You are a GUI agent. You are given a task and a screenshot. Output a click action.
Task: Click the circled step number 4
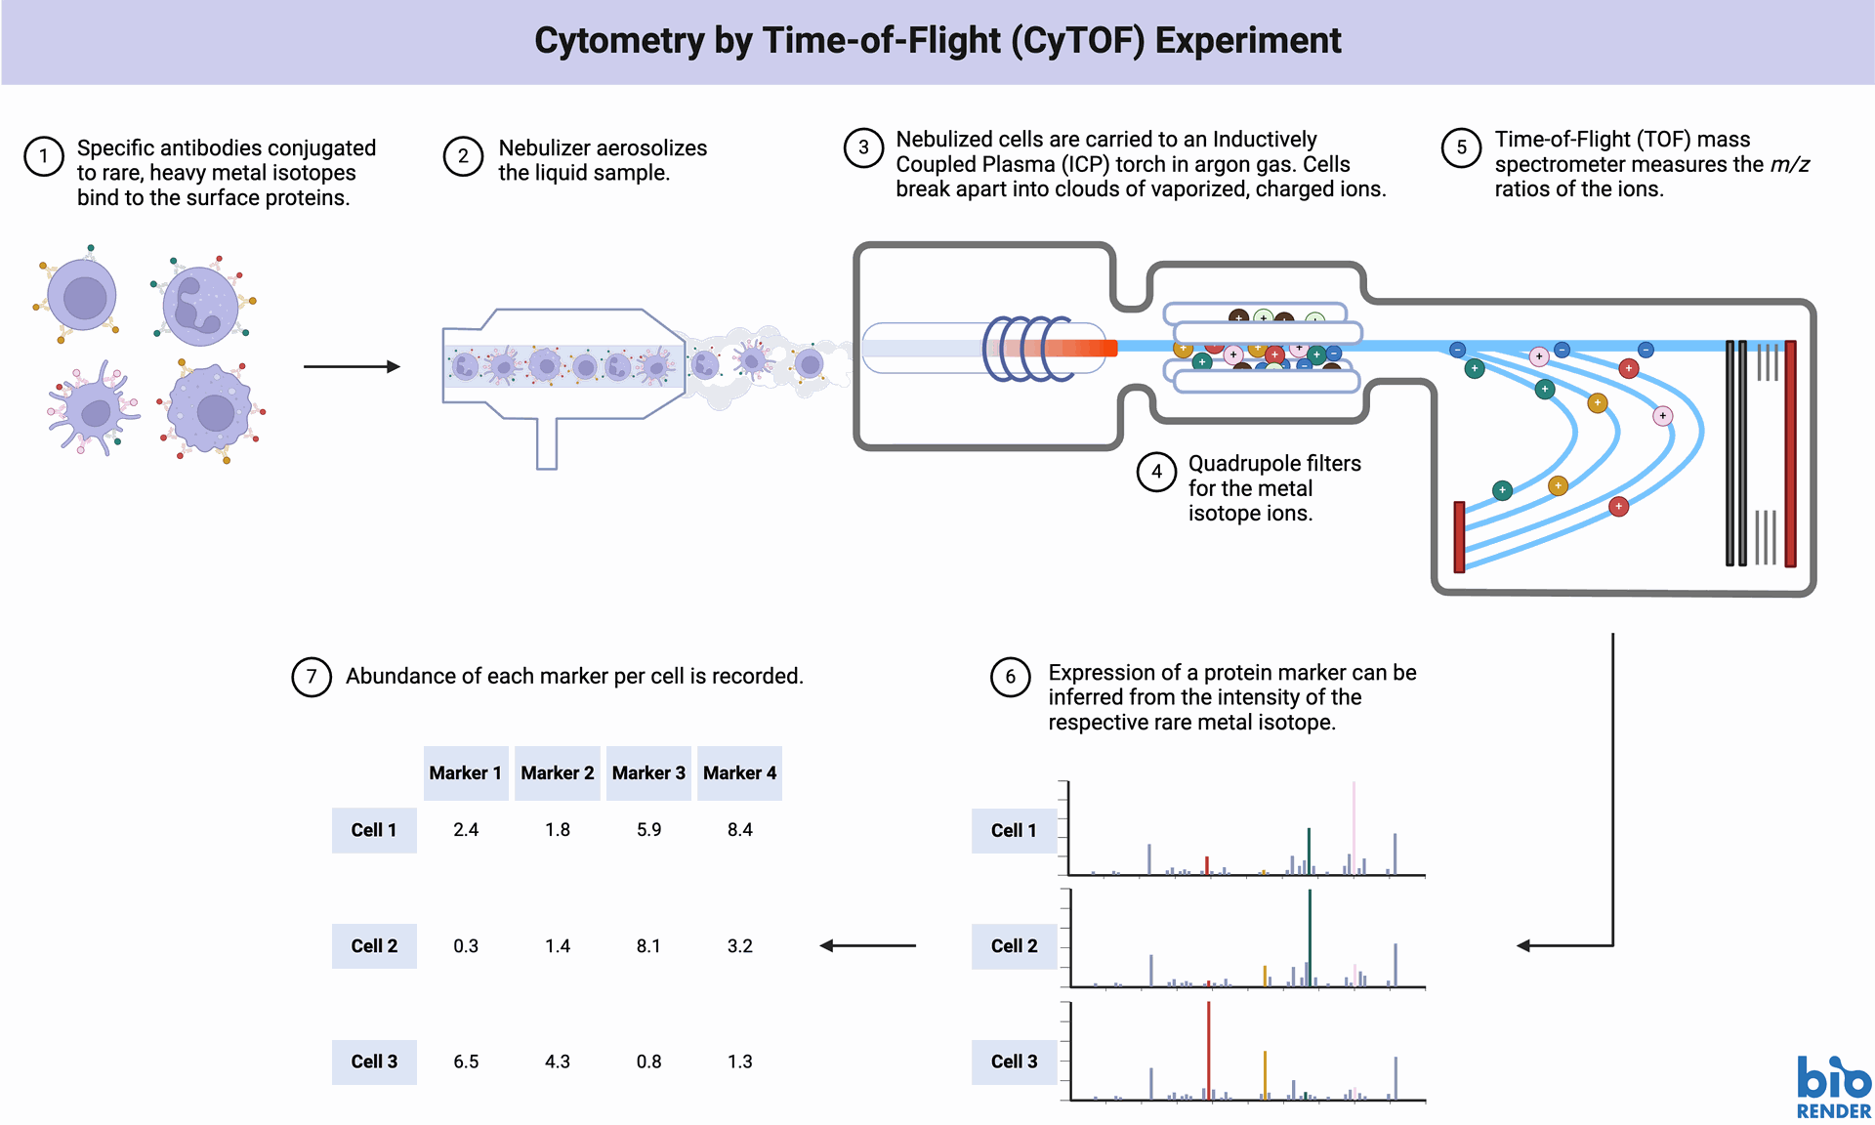pos(1156,472)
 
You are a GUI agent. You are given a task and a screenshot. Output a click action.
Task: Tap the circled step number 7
pos(312,677)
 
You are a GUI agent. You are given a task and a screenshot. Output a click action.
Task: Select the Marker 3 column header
pos(648,773)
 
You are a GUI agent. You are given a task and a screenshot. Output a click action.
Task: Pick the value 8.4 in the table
pos(740,830)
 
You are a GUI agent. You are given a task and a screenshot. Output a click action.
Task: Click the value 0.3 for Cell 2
pos(466,946)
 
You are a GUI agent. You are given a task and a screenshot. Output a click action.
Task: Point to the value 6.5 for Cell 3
pos(466,1062)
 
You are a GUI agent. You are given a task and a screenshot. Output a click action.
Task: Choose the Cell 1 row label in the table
pos(374,830)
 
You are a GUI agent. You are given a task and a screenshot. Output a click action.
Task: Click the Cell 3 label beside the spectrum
pos(1014,1062)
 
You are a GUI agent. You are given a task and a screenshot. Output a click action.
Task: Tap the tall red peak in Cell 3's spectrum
pos(1209,1051)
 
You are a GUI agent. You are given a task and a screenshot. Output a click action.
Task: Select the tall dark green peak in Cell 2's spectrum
pos(1310,937)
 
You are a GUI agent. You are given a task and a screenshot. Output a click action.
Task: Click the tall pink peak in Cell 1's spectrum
pos(1354,827)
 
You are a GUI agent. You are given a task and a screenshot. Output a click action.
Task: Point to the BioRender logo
pos(1834,1087)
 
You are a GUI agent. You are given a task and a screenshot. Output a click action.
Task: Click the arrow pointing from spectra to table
pos(868,945)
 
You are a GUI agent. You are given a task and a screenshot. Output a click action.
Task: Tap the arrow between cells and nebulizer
pos(352,366)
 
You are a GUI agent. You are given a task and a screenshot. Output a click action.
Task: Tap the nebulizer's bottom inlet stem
pos(547,443)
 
